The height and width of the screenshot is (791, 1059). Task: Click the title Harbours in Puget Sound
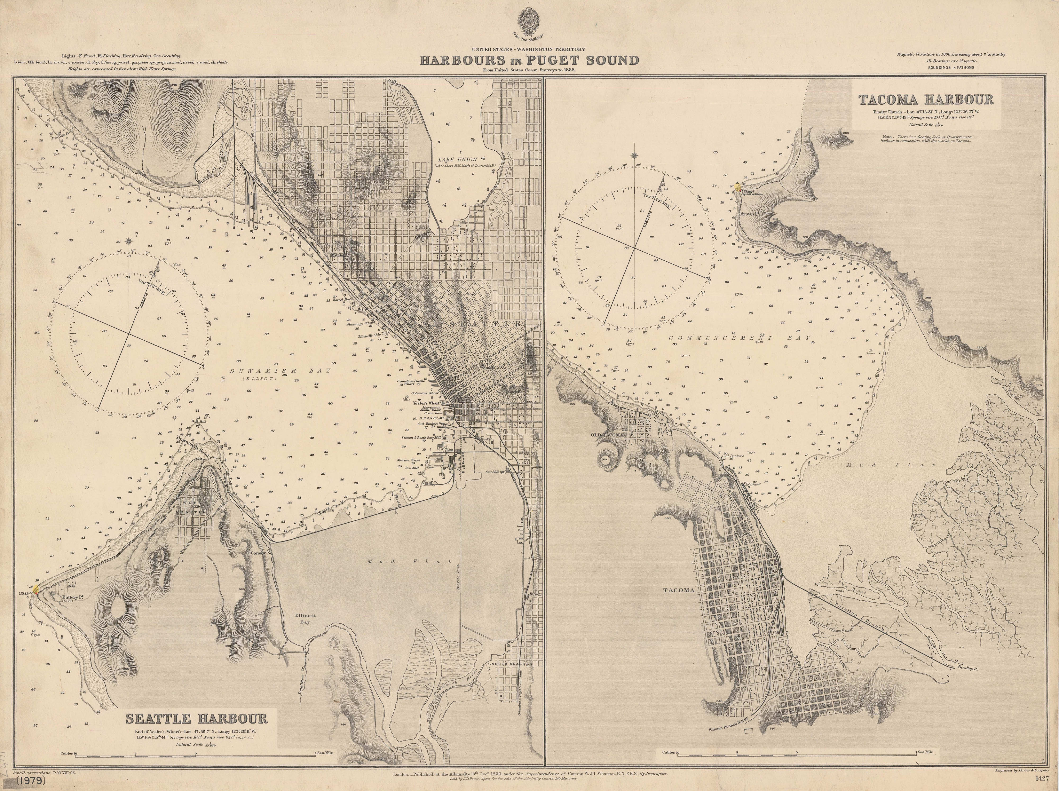(x=529, y=61)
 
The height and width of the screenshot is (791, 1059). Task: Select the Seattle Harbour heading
(x=196, y=719)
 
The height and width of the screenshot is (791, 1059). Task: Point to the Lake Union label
(x=456, y=159)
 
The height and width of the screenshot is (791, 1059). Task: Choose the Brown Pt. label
(x=750, y=214)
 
